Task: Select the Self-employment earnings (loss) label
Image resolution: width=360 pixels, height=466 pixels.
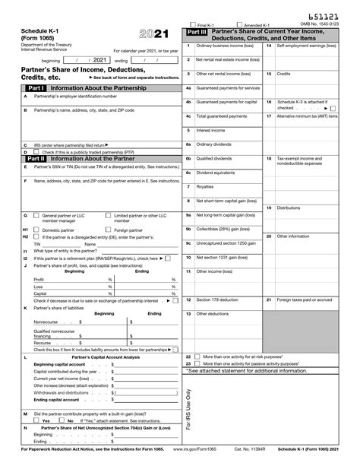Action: click(x=307, y=46)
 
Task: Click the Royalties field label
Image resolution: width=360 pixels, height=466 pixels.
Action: click(x=205, y=186)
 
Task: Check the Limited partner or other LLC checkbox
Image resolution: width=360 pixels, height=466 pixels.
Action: click(x=108, y=215)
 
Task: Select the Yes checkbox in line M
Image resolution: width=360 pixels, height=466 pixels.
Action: click(x=36, y=420)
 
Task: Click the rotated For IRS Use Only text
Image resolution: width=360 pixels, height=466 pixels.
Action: click(x=189, y=411)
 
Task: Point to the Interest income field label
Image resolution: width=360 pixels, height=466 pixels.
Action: click(x=210, y=129)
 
